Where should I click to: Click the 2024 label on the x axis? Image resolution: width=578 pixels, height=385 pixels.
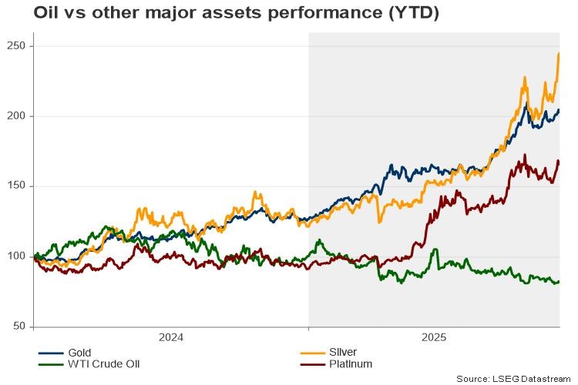click(x=170, y=337)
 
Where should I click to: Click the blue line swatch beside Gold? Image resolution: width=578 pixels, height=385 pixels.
click(x=50, y=352)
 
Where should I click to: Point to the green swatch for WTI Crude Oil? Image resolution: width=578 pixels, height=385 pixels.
click(x=50, y=363)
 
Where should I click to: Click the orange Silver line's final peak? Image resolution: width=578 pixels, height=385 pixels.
click(x=558, y=54)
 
